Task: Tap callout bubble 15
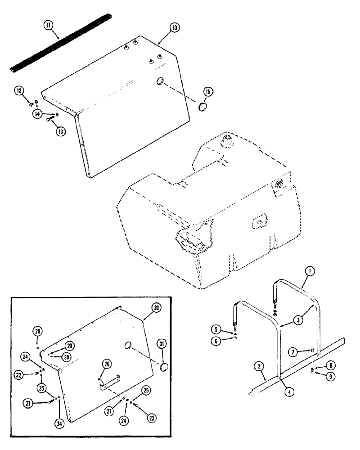(x=208, y=92)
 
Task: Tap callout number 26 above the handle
(x=107, y=364)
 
